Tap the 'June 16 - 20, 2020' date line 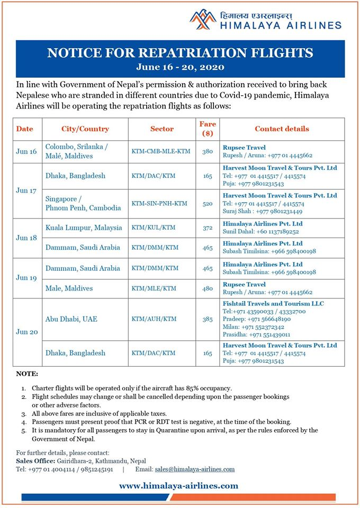(180, 67)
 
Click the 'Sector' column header (161, 129)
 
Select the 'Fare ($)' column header (208, 129)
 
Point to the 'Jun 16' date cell (26, 151)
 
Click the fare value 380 (208, 151)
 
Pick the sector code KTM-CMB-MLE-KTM (161, 151)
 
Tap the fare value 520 (208, 203)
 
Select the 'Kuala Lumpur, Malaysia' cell (84, 228)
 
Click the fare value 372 (208, 228)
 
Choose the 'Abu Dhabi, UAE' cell (72, 319)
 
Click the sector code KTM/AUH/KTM (155, 319)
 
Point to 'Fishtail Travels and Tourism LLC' (273, 304)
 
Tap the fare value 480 (208, 288)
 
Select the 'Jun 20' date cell (26, 331)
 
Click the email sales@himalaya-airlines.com (194, 469)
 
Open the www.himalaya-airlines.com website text (178, 485)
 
